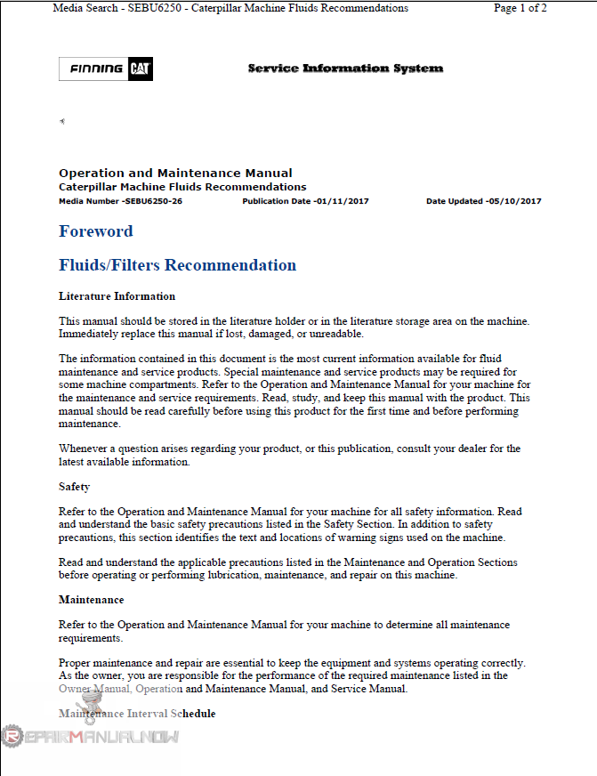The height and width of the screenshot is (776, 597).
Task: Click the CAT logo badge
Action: pos(141,69)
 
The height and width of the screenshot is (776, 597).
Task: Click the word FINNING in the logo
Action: pos(95,69)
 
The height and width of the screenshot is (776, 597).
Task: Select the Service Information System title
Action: pos(345,69)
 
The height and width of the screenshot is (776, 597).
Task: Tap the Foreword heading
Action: pos(95,231)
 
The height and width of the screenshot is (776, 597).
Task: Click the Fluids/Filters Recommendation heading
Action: pos(177,265)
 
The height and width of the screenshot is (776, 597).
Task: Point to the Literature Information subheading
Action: pos(117,296)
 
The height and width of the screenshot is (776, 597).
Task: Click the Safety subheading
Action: pos(74,487)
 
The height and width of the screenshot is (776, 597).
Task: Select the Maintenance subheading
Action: pos(91,600)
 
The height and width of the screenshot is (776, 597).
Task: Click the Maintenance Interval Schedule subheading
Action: pos(136,714)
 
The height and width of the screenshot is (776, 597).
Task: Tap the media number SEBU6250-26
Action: pos(152,201)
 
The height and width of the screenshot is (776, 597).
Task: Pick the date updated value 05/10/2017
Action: pos(514,201)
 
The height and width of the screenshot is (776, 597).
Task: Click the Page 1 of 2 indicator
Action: pos(520,8)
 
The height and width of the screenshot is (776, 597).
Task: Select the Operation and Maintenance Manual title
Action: pos(175,173)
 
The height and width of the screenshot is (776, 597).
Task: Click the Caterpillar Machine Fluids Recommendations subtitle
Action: pos(182,187)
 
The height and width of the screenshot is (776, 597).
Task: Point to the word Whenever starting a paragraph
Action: pos(85,449)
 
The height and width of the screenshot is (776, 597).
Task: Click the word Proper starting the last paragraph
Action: pos(76,663)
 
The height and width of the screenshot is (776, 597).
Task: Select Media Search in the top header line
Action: pos(85,8)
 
